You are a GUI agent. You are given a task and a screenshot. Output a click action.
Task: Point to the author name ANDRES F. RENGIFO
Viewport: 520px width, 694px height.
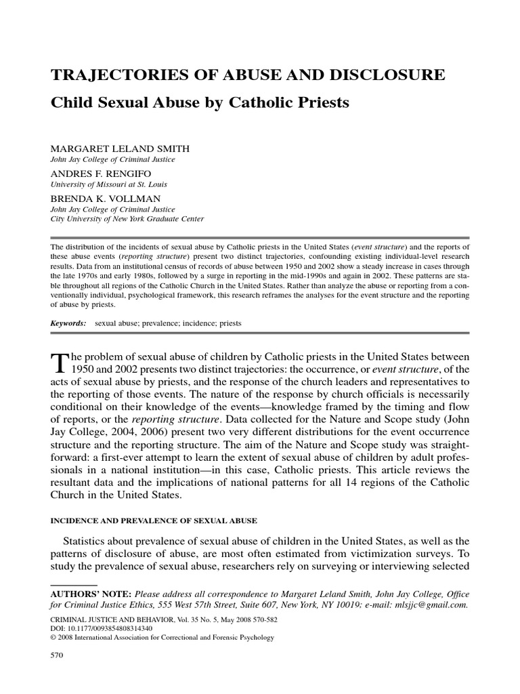tap(96, 173)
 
